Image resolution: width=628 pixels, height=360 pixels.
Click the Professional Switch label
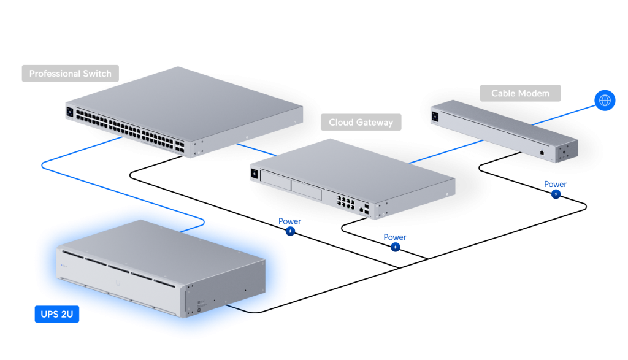70,74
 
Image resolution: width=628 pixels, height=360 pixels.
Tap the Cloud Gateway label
361,122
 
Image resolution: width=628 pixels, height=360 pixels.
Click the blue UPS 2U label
56,315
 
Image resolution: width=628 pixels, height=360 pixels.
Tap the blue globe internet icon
605,101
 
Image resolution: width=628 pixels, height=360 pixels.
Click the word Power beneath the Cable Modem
555,184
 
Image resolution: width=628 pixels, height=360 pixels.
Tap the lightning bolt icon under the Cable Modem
556,194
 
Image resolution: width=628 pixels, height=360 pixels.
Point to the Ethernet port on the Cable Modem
542,151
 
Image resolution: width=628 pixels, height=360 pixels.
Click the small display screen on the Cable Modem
435,115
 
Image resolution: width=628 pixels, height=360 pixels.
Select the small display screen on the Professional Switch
69,112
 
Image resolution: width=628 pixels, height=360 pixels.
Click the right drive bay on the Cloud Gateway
305,190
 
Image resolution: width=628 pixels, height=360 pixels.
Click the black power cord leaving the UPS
245,310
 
